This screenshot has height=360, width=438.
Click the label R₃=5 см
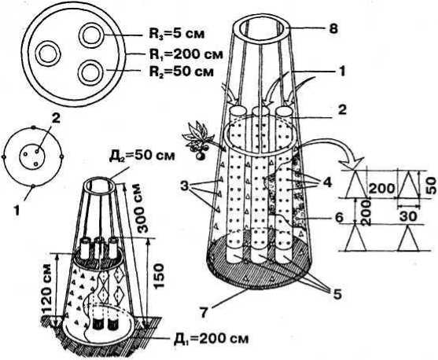(176, 34)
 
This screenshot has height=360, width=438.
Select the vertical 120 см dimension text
(48, 288)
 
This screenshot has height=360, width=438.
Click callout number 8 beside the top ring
(333, 29)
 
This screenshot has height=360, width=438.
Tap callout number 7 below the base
(204, 312)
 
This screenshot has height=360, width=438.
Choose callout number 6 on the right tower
(339, 218)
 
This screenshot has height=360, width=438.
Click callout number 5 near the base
(337, 294)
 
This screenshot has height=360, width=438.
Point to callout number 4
(327, 182)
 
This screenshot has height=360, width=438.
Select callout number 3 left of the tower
(184, 186)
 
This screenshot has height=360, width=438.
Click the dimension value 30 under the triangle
(410, 216)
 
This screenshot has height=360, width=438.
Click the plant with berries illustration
(198, 140)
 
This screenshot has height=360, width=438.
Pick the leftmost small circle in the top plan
(50, 53)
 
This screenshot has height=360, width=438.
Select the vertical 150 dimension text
(158, 277)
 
